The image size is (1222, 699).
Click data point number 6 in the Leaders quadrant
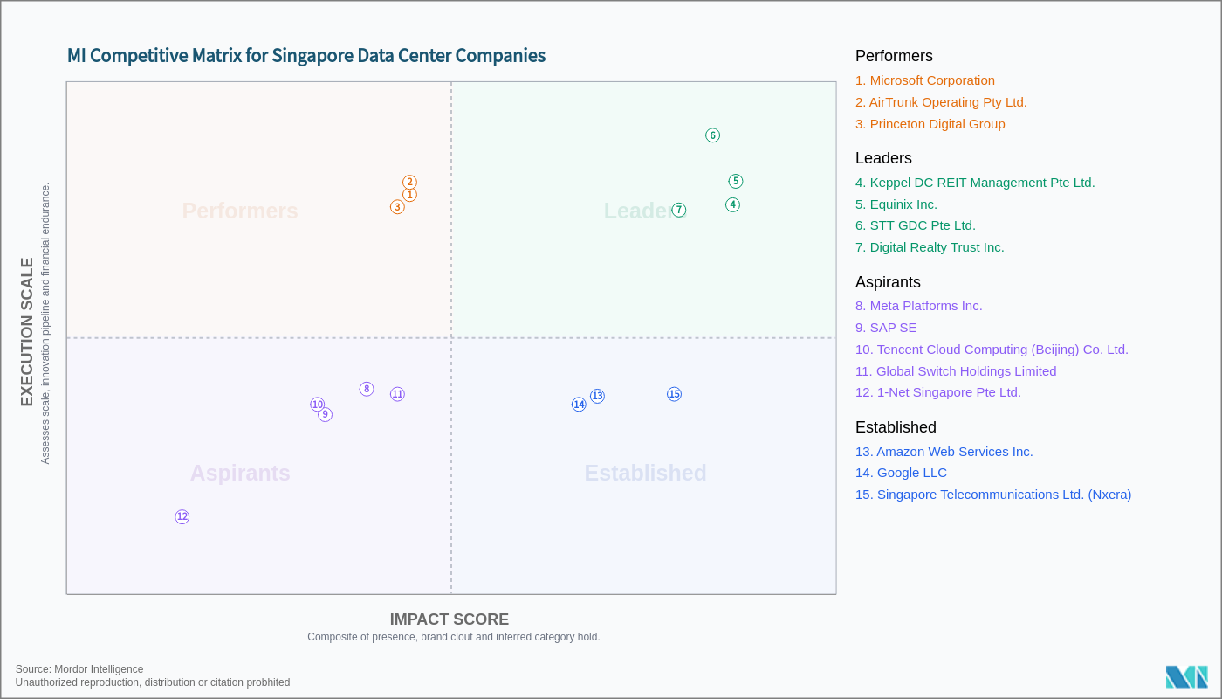pyautogui.click(x=712, y=135)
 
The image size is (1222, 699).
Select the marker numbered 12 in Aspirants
pyautogui.click(x=182, y=517)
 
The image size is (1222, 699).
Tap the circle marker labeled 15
pyautogui.click(x=674, y=394)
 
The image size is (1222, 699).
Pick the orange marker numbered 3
pyautogui.click(x=397, y=207)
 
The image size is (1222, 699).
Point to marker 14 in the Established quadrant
pyautogui.click(x=579, y=405)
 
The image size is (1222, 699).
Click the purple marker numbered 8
pyautogui.click(x=367, y=389)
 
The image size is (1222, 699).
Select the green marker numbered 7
pyautogui.click(x=679, y=210)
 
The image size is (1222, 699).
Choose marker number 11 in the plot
pyautogui.click(x=397, y=394)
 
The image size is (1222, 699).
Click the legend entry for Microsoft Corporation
pyautogui.click(x=924, y=80)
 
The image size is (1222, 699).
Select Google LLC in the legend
pyautogui.click(x=901, y=473)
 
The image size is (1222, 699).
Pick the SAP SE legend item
pyautogui.click(x=886, y=328)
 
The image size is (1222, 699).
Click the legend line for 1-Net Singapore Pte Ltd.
pyautogui.click(x=937, y=392)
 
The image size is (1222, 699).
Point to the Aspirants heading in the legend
pyautogui.click(x=888, y=282)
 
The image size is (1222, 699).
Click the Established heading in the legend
pyautogui.click(x=896, y=427)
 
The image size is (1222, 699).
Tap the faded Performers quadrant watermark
pyautogui.click(x=240, y=211)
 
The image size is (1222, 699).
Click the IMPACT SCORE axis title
pyautogui.click(x=449, y=619)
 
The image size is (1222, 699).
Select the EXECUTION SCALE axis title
pyautogui.click(x=27, y=332)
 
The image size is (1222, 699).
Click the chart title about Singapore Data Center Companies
pyautogui.click(x=306, y=56)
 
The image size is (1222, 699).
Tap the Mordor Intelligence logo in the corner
pyautogui.click(x=1186, y=676)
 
